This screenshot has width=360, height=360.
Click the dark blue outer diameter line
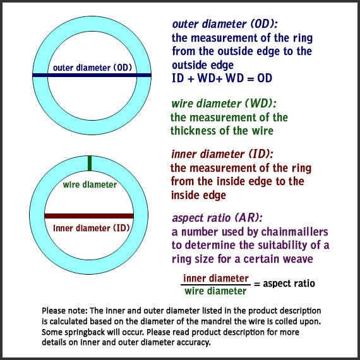click(92, 75)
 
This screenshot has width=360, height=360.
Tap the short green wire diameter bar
click(90, 164)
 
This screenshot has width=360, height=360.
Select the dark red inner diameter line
click(89, 216)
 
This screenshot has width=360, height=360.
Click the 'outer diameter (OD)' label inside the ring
click(92, 68)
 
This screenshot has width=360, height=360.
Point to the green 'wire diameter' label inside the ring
click(90, 184)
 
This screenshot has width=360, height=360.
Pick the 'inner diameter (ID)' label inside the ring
click(92, 228)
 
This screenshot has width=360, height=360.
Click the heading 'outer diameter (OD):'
click(225, 24)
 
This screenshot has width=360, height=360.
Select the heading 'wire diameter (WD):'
click(224, 104)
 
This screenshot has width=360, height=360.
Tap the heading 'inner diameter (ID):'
click(222, 154)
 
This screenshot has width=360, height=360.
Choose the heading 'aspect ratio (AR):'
click(217, 218)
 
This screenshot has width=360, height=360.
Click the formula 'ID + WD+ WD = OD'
click(222, 78)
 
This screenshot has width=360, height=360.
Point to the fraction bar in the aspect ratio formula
click(215, 285)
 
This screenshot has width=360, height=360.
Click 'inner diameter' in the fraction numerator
click(216, 279)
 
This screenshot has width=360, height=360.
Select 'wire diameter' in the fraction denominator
click(215, 291)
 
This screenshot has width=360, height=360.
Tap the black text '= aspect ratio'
click(284, 284)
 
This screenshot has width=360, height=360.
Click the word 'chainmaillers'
click(294, 232)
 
